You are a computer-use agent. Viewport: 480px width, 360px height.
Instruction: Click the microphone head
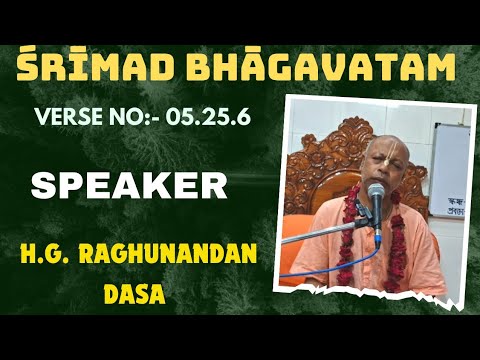point(377,195)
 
